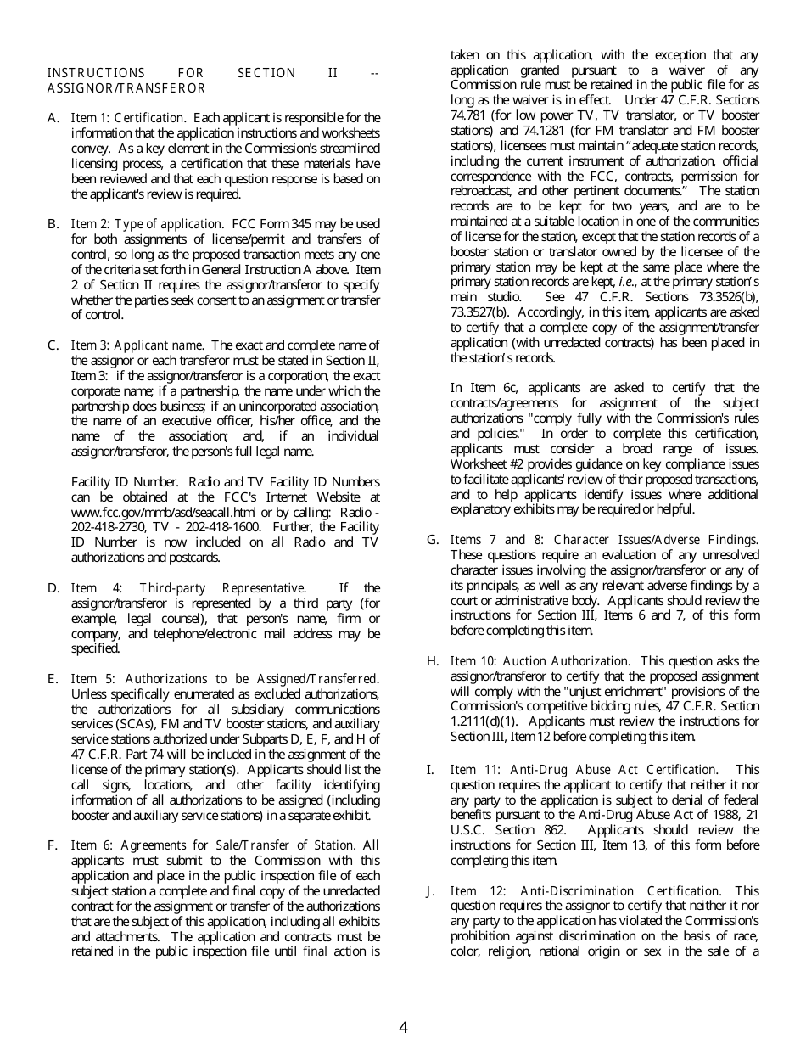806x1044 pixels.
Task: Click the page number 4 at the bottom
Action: pos(403,1028)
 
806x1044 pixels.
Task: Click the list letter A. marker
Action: pos(53,118)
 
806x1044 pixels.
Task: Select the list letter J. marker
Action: pos(432,891)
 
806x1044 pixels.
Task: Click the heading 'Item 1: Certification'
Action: pos(127,118)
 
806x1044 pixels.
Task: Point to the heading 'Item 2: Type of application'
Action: pos(146,224)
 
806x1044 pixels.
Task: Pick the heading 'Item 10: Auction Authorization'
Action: pos(540,661)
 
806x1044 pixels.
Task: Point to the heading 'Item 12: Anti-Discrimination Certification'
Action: pos(585,891)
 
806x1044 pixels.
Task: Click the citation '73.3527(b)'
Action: pos(479,312)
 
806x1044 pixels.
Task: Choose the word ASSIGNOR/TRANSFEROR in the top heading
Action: pos(126,88)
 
